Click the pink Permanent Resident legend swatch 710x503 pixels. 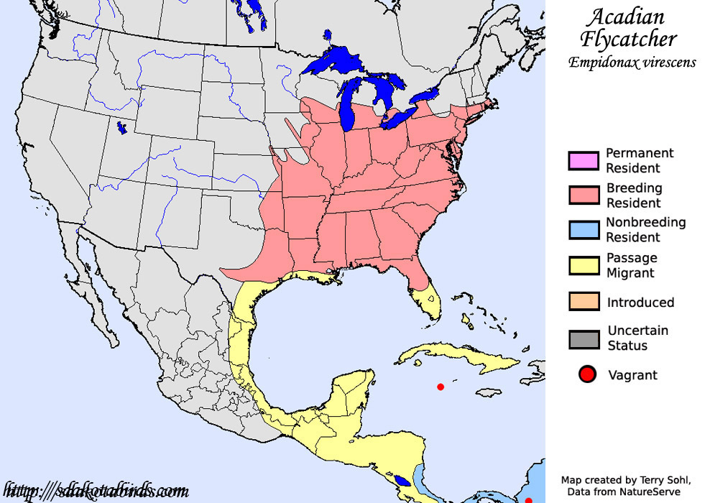pyautogui.click(x=583, y=161)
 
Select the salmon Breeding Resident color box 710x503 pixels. pyautogui.click(x=583, y=195)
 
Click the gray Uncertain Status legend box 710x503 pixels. pyautogui.click(x=583, y=338)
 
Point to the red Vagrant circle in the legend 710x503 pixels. pyautogui.click(x=587, y=374)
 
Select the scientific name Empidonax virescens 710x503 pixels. pyautogui.click(x=632, y=63)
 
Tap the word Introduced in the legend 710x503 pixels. pyautogui.click(x=640, y=303)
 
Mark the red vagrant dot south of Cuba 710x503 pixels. pyautogui.click(x=441, y=387)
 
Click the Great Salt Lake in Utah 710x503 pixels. pyautogui.click(x=122, y=128)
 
